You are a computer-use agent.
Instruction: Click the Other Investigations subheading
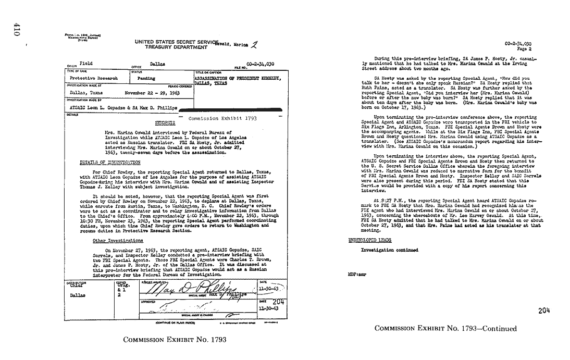[x=118, y=241]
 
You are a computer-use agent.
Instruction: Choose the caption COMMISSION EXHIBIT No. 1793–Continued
[x=445, y=329]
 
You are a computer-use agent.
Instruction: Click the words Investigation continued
[x=389, y=250]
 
